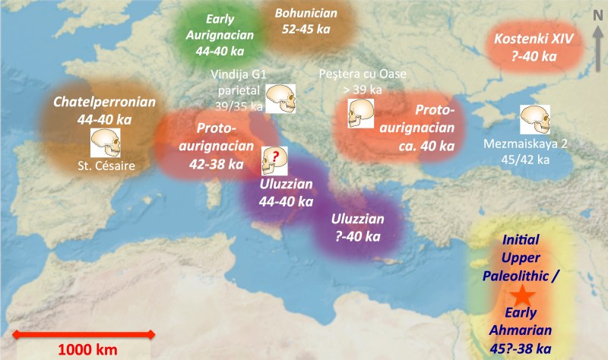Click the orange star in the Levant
click(521, 296)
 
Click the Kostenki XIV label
click(532, 39)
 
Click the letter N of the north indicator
click(597, 11)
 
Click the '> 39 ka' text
click(362, 90)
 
